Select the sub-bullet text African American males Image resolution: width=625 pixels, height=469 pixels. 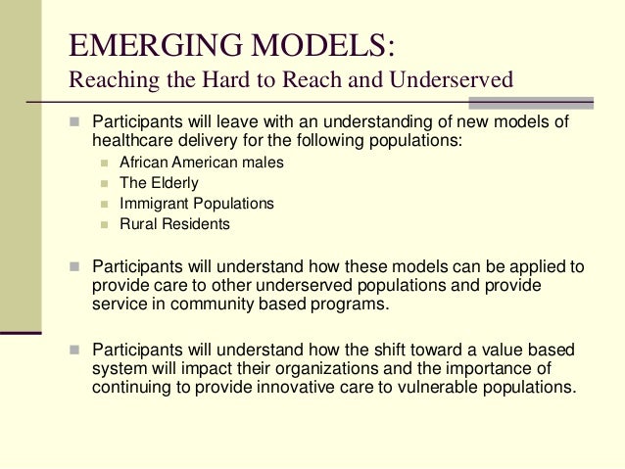[x=201, y=163]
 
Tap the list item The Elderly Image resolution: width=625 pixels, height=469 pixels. [x=159, y=183]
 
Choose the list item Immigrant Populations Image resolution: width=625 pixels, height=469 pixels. [x=196, y=204]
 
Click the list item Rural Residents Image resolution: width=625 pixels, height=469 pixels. [x=174, y=224]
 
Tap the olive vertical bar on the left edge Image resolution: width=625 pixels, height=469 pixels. [x=21, y=166]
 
